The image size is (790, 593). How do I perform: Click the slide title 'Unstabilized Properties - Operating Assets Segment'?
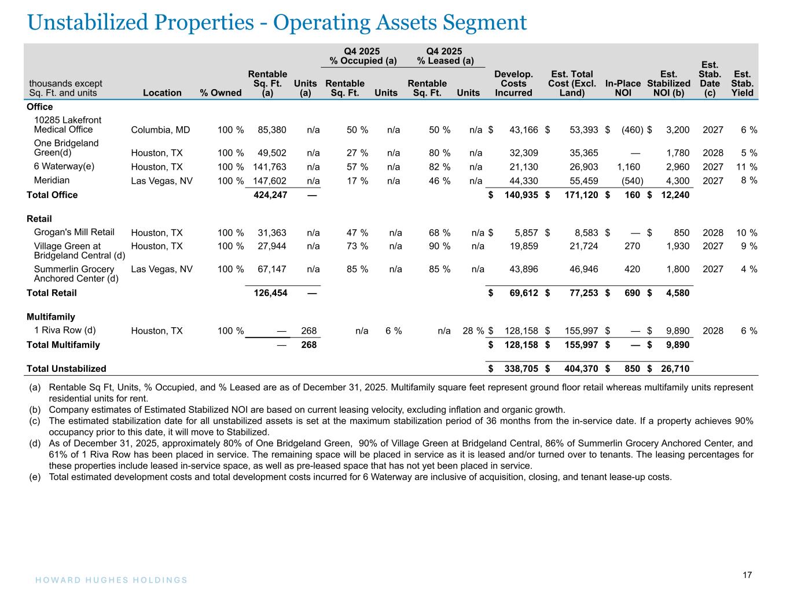[x=277, y=23]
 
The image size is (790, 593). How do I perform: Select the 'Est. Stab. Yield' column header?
[x=743, y=83]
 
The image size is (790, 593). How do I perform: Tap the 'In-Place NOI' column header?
[x=623, y=87]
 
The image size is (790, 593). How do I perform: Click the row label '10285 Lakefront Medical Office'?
[x=68, y=125]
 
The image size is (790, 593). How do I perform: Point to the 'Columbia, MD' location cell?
[x=157, y=130]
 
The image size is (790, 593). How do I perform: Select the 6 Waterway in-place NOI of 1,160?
[x=629, y=167]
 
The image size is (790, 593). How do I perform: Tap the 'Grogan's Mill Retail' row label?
[x=74, y=232]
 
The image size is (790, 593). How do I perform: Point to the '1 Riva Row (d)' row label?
[x=65, y=331]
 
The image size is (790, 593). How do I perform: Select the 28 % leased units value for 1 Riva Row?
[x=472, y=331]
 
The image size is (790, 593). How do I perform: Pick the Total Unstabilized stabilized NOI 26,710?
[x=674, y=369]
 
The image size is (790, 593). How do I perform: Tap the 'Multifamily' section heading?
[x=51, y=317]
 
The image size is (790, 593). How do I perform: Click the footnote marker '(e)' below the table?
[x=35, y=477]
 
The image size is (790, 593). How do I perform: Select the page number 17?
[x=747, y=575]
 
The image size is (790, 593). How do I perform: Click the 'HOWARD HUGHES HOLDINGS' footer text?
[x=108, y=580]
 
